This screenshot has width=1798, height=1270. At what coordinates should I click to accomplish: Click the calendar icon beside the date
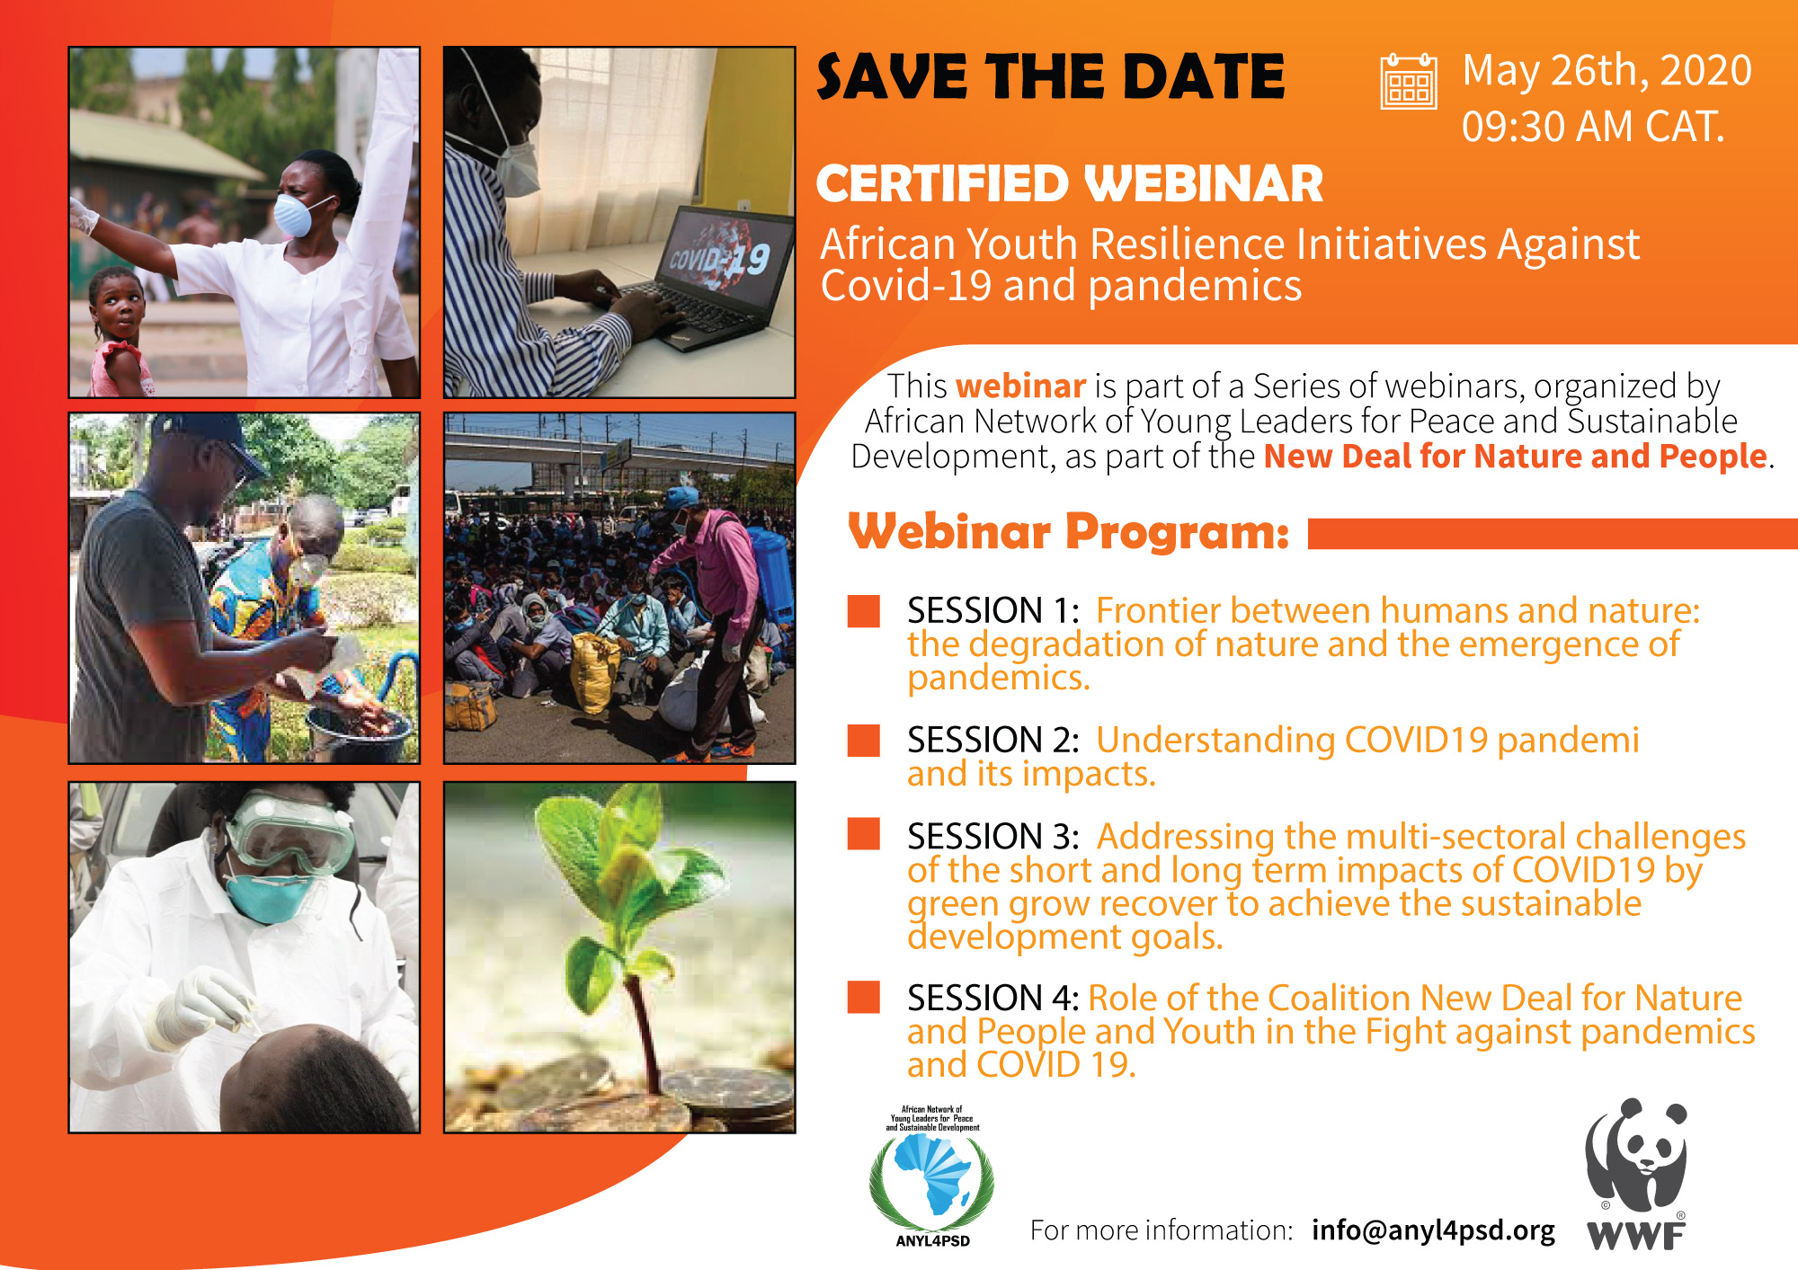pos(1409,81)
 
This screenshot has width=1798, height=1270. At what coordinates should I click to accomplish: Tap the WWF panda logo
pos(1636,1173)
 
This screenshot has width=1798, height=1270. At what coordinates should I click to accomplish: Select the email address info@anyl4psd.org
pos(1433,1230)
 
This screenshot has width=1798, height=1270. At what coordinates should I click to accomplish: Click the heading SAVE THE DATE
pos(1051,77)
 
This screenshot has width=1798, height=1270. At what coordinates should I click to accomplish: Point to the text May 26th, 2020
pos(1607,71)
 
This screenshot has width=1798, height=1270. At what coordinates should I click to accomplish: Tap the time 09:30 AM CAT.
pos(1593,127)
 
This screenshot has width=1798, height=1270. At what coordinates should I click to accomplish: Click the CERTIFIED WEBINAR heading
pos(1070,184)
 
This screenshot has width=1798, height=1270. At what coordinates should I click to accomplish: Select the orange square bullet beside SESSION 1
pos(864,610)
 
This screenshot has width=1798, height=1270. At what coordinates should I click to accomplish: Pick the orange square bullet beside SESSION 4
pos(864,997)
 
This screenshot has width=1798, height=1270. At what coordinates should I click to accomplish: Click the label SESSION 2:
pos(992,741)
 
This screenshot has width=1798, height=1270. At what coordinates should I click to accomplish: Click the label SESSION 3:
pos(992,837)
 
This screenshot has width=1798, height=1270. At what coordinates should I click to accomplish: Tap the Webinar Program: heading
pos(1069,532)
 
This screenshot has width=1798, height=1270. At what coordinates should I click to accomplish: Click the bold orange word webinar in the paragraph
pos(1021,386)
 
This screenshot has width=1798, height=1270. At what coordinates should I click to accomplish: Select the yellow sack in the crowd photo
pos(594,671)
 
